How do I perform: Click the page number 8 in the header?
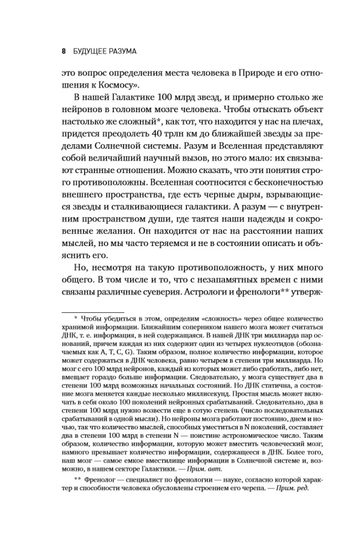63,51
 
